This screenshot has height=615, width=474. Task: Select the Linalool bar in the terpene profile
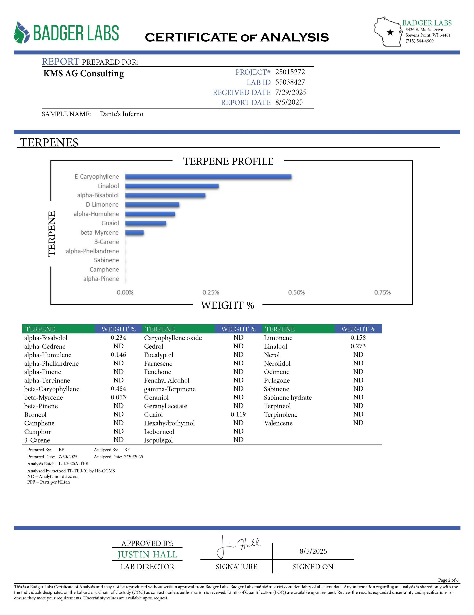pos(172,186)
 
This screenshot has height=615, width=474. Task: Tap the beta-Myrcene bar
pos(134,233)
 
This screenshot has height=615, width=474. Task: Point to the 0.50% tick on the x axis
pos(296,293)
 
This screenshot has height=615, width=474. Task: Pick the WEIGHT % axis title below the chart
pos(227,305)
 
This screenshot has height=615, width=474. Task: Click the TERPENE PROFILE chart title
pos(228,161)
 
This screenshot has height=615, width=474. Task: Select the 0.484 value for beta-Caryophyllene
pos(118,389)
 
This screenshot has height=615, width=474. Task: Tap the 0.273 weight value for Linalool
pos(358,346)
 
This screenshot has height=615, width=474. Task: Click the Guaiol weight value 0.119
pos(238,414)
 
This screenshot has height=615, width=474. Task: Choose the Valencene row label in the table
pos(278,423)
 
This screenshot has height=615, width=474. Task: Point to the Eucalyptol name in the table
pos(159,355)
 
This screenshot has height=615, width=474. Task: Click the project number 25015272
pos(290,72)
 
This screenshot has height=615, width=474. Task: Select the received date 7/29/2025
pos(291,92)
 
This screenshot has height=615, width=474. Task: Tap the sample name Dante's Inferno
pos(121,114)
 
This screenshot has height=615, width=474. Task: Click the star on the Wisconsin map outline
pos(390,32)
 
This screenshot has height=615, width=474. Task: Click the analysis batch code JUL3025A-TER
pos(74,463)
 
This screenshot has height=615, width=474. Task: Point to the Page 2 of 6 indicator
pos(448,580)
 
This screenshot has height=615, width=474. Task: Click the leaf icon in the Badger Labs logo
pos(22,32)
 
